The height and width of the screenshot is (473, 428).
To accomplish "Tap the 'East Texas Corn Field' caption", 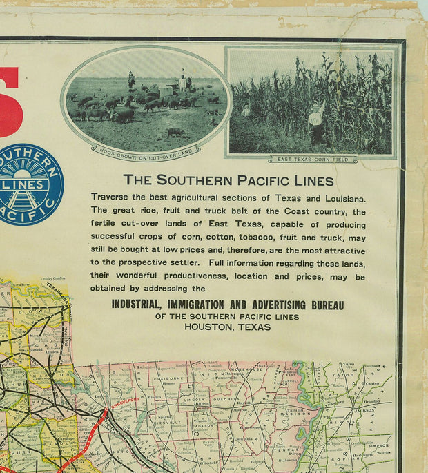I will (x=313, y=160).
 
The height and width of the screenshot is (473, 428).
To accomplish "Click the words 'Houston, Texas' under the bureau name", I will (x=228, y=327).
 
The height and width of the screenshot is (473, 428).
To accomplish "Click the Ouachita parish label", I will (x=233, y=398).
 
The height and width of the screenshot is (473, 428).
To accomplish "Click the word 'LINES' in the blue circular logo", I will (x=29, y=185).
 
